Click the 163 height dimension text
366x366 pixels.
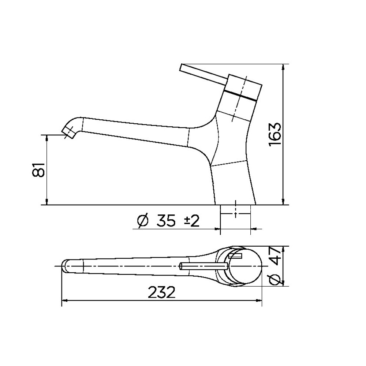[x=275, y=134]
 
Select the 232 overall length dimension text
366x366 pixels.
[x=161, y=292]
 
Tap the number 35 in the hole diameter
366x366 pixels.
[x=166, y=220]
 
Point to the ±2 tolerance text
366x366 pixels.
[x=192, y=221]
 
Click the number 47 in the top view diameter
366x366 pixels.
[x=275, y=256]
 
